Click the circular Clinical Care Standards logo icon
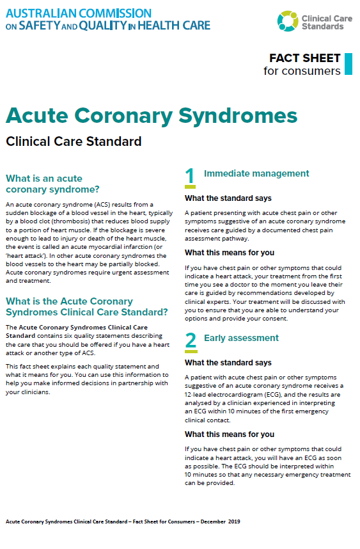pyautogui.click(x=288, y=20)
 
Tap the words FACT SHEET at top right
pyautogui.click(x=304, y=58)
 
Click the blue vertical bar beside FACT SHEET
pyautogui.click(x=348, y=64)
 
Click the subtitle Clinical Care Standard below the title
pyautogui.click(x=74, y=141)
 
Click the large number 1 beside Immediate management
pyautogui.click(x=190, y=176)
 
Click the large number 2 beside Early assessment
pyautogui.click(x=190, y=340)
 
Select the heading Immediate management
pyautogui.click(x=256, y=173)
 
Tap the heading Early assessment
pyautogui.click(x=241, y=338)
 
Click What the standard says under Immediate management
pyautogui.click(x=228, y=198)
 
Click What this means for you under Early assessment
pyautogui.click(x=230, y=434)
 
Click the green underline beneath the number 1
pyautogui.click(x=190, y=188)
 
